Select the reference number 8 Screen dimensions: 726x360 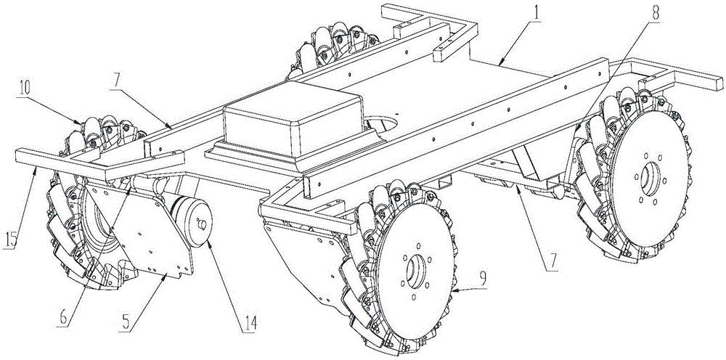[x=656, y=13]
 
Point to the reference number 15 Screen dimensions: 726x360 [x=12, y=240]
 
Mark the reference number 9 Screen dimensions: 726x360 [x=483, y=279]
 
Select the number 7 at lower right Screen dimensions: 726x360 [x=554, y=262]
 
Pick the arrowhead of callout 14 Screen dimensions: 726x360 [x=207, y=242]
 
